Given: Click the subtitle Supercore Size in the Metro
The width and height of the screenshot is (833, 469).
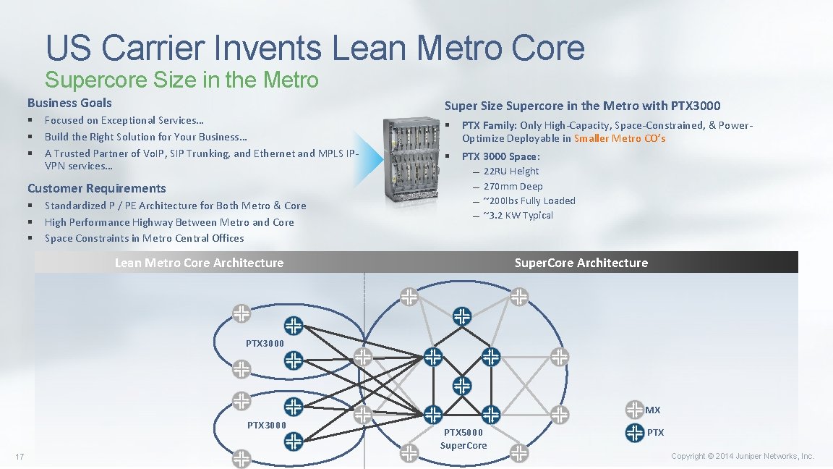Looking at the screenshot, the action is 181,79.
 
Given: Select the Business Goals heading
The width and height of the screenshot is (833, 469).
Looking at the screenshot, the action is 69,103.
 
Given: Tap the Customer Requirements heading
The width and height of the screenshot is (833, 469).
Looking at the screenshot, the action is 96,188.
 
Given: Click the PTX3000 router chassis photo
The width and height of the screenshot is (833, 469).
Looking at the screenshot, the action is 410,159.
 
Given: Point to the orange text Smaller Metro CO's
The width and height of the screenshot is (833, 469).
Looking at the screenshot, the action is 620,138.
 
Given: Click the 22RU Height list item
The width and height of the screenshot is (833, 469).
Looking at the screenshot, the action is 511,172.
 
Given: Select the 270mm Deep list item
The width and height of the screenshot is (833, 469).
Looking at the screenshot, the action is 513,186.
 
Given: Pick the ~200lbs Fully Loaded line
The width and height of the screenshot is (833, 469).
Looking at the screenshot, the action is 529,200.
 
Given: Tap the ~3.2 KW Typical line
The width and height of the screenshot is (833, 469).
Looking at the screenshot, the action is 518,215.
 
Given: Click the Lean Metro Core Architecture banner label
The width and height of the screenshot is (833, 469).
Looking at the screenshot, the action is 199,263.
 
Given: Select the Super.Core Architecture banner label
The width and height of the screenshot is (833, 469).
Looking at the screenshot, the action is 581,263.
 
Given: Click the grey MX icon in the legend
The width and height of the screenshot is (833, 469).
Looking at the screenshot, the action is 634,410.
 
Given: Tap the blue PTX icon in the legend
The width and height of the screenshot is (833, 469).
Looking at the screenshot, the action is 634,433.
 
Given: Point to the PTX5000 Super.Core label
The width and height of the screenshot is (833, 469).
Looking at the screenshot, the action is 464,439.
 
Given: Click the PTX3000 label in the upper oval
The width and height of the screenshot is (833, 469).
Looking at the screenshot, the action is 265,343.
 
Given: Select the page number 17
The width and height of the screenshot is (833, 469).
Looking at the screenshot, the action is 20,456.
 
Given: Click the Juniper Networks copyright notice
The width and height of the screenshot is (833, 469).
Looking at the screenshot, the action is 742,456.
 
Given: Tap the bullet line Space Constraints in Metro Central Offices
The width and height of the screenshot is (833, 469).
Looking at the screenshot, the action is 144,238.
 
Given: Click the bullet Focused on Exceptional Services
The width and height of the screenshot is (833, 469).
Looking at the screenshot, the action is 124,120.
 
